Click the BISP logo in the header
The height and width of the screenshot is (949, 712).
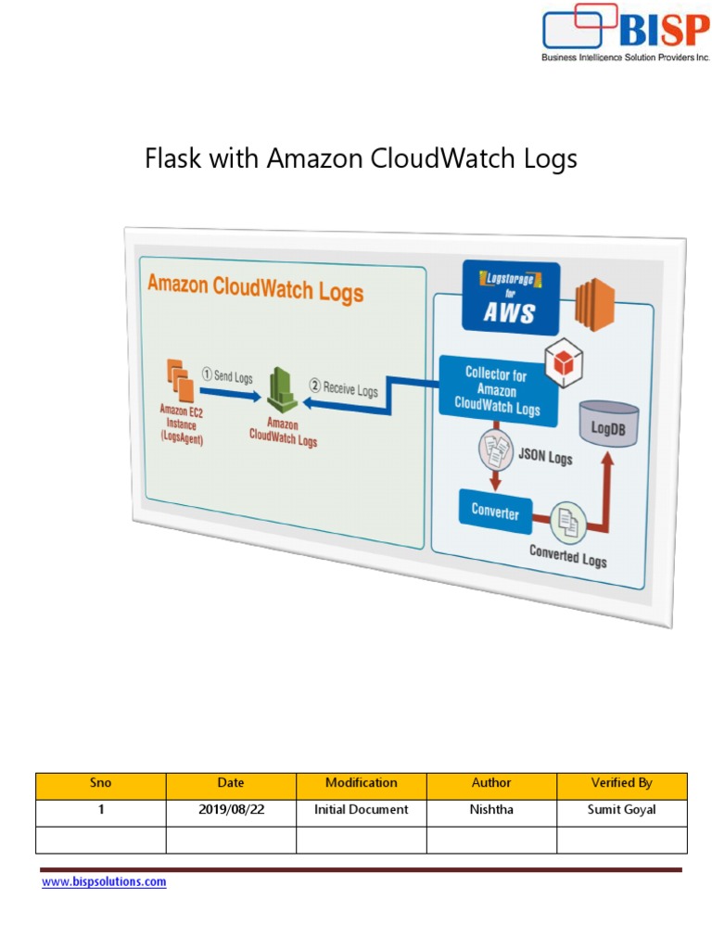[x=626, y=33]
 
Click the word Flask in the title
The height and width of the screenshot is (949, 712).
[x=172, y=159]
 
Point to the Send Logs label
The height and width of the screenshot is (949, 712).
[x=227, y=376]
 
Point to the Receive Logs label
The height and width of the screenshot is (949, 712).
[x=344, y=389]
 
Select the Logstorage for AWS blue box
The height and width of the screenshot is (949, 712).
[x=511, y=298]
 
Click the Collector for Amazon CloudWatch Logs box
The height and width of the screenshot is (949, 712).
[x=499, y=390]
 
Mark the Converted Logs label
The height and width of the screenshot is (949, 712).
[x=567, y=556]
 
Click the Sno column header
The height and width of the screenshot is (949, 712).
[x=100, y=783]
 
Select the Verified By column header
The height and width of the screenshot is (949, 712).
[x=621, y=783]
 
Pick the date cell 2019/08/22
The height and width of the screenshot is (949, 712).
[x=231, y=810]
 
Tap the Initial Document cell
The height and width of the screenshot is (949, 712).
[x=361, y=810]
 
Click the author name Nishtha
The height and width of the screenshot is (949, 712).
[x=491, y=810]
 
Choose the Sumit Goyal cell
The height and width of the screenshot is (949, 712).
[x=621, y=810]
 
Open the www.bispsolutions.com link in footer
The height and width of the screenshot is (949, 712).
[x=104, y=882]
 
